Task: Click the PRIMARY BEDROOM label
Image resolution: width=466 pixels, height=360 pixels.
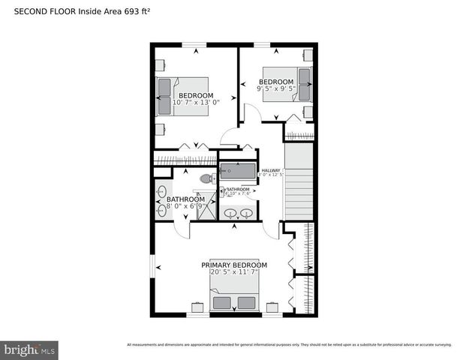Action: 233,265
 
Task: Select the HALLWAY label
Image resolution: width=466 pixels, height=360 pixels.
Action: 270,170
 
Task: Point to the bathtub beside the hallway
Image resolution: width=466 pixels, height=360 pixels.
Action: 237,172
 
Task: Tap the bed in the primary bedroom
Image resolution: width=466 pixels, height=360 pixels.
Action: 234,299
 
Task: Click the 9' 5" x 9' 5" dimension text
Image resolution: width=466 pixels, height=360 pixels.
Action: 276,88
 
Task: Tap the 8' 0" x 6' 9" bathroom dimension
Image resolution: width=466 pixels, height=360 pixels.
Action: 180,205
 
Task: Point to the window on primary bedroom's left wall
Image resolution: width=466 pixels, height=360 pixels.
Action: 152,265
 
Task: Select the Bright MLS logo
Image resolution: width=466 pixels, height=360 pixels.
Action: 30,349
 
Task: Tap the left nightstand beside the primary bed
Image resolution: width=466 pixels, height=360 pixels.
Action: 197,307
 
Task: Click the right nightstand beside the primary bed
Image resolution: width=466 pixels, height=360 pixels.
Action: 271,307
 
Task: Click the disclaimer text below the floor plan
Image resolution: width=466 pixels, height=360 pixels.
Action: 289,345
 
